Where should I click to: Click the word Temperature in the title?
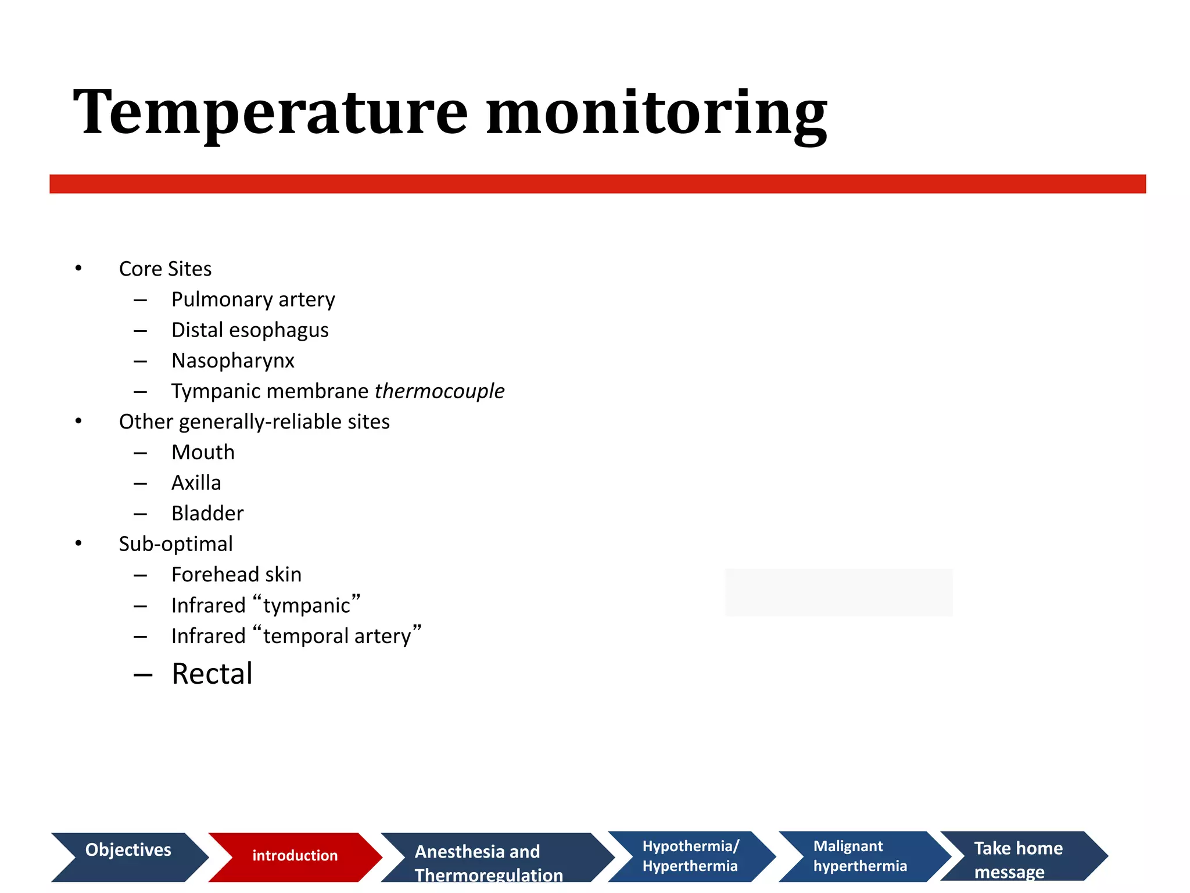[270, 113]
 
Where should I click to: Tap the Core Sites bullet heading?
[165, 269]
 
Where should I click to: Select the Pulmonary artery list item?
[253, 299]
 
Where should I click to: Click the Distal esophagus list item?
[250, 330]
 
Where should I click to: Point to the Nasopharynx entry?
[232, 361]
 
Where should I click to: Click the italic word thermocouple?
[439, 391]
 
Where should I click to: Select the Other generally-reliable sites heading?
[254, 422]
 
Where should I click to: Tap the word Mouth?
[203, 452]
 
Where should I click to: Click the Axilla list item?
[196, 483]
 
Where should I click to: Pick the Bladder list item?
[207, 513]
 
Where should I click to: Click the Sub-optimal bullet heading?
[175, 544]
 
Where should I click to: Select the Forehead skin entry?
[236, 575]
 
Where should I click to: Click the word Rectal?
[212, 674]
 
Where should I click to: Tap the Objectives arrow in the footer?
[128, 856]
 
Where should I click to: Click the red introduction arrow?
[295, 856]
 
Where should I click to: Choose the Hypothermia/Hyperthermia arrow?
[690, 856]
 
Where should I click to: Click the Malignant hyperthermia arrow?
[860, 856]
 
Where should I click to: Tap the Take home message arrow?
[1018, 856]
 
